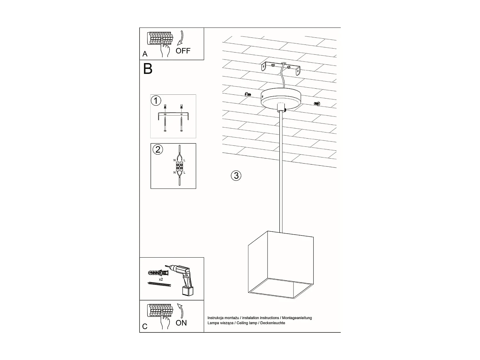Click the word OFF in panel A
pyautogui.click(x=183, y=51)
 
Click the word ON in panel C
pyautogui.click(x=181, y=323)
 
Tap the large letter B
pyautogui.click(x=148, y=69)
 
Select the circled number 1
pyautogui.click(x=156, y=101)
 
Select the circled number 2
pyautogui.click(x=158, y=149)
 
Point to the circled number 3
pyautogui.click(x=236, y=175)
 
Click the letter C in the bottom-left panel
pyautogui.click(x=145, y=326)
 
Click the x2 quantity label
pyautogui.click(x=161, y=279)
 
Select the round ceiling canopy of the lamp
pyautogui.click(x=281, y=98)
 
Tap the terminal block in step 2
pyautogui.click(x=179, y=166)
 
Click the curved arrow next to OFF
pyautogui.click(x=180, y=38)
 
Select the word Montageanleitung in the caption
pyautogui.click(x=297, y=318)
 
